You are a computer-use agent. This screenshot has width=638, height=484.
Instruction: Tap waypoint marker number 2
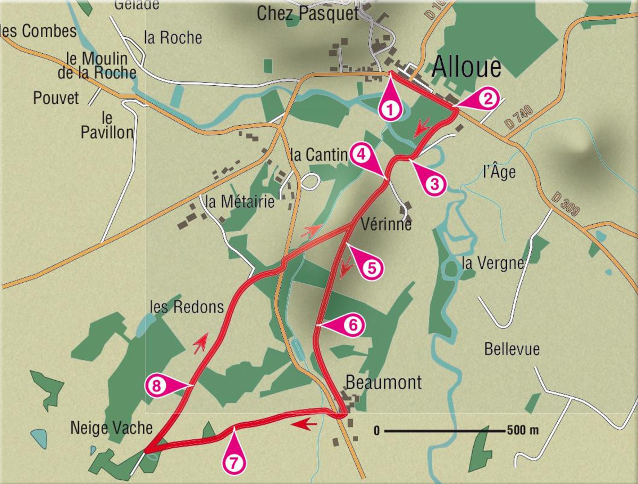[488, 99]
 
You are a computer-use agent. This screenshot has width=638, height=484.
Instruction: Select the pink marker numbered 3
[434, 184]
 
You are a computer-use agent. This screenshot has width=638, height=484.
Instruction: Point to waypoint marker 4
[360, 154]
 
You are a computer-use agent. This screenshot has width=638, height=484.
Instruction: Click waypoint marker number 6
[353, 324]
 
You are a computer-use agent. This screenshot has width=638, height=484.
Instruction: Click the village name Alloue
[466, 68]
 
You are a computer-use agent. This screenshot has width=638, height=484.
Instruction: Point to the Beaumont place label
[383, 382]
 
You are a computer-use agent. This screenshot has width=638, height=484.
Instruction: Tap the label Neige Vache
[111, 428]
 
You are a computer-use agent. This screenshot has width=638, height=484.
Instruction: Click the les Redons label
[187, 307]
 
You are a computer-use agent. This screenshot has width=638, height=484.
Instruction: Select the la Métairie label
[240, 202]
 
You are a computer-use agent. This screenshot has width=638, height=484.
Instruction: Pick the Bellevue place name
[511, 349]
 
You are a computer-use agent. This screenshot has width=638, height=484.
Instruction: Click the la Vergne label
[493, 263]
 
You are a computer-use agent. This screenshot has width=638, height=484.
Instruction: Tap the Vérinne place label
[386, 224]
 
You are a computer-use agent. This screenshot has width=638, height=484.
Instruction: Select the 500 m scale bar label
[523, 430]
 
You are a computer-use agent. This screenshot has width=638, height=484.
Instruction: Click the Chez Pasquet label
[308, 14]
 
